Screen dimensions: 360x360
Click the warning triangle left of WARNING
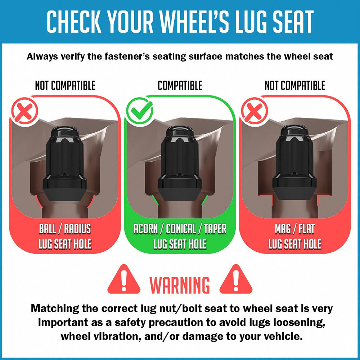tap(124, 279)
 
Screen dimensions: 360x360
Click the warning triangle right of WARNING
tap(236, 279)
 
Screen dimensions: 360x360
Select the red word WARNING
tap(180, 285)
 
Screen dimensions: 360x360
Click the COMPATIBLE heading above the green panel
tap(180, 85)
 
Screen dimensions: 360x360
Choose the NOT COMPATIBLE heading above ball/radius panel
tap(65, 85)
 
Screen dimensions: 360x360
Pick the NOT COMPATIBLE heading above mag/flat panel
tap(295, 85)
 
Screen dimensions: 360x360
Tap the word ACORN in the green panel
tap(146, 229)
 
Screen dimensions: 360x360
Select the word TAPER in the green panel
tap(215, 229)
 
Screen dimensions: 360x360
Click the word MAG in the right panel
tap(283, 229)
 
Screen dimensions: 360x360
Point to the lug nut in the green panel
tap(180, 163)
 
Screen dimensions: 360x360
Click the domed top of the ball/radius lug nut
tap(65, 132)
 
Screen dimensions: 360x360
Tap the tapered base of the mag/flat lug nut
tap(295, 193)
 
